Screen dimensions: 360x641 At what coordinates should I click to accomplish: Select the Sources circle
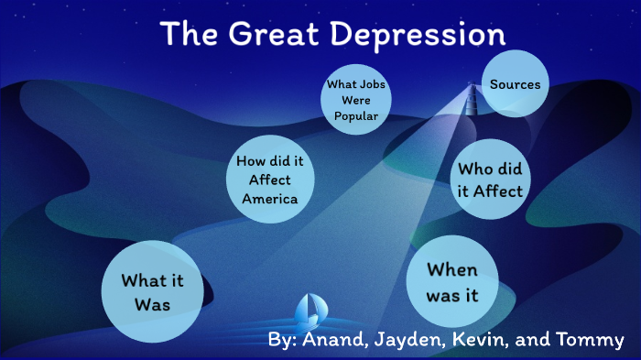(x=515, y=84)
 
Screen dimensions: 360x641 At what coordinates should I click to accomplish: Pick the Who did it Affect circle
(x=490, y=180)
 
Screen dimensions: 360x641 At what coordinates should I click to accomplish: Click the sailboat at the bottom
(x=310, y=312)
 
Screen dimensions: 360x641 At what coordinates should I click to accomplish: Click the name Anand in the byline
(x=333, y=340)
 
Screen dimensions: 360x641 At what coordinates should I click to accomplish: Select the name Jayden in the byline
(x=407, y=341)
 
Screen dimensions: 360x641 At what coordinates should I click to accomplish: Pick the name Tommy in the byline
(x=588, y=341)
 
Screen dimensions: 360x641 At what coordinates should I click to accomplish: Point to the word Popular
(x=356, y=116)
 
